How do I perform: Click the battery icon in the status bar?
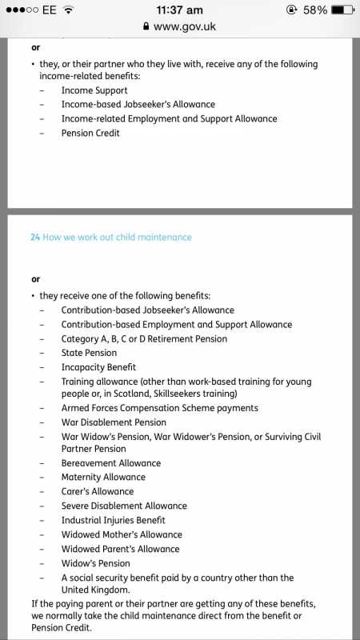pos(341,10)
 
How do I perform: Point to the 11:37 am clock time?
pos(180,10)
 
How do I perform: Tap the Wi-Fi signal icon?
pos(69,10)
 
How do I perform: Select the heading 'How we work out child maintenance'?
pos(117,238)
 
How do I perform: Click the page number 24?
pos(34,238)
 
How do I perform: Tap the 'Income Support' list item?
pos(94,90)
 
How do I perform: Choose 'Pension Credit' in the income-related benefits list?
pos(90,133)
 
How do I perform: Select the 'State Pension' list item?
pos(89,353)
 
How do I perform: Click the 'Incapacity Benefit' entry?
pos(98,367)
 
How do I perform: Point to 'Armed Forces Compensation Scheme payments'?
pos(159,408)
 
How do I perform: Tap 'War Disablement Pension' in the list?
pos(114,422)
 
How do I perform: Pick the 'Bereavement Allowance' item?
pos(110,463)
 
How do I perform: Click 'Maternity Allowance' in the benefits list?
pos(103,478)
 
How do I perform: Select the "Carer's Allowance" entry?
pos(98,491)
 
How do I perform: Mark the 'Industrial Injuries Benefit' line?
pos(113,520)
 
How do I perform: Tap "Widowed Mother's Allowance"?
pos(122,534)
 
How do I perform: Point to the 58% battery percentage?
pos(313,10)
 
